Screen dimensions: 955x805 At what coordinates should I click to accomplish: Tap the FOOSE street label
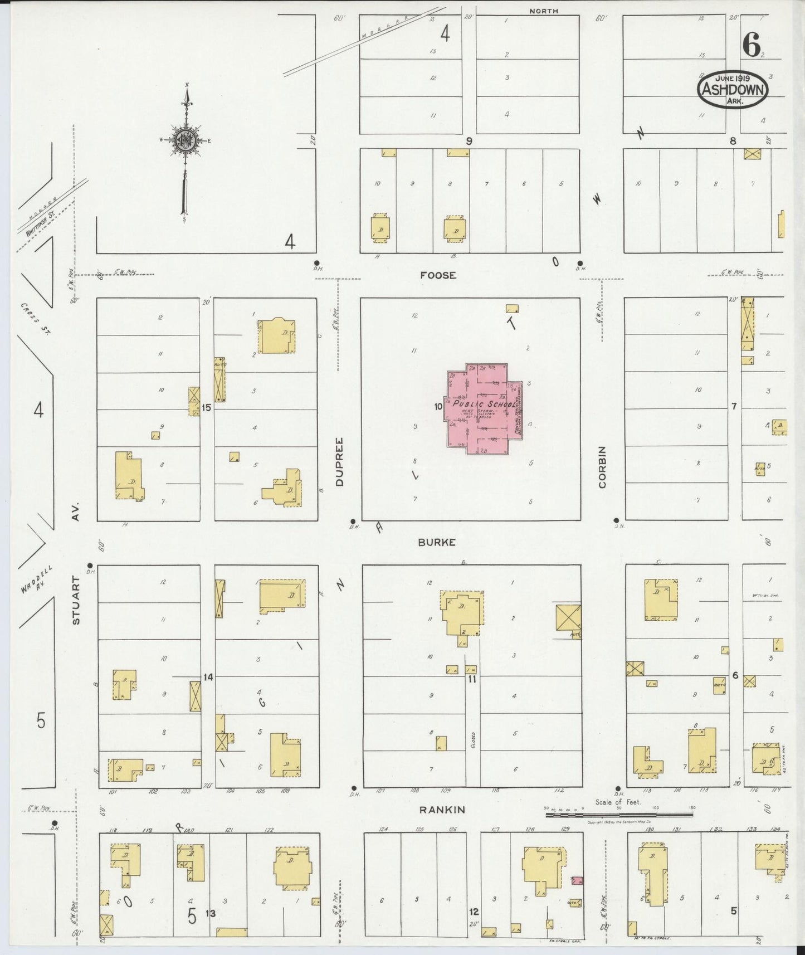click(x=438, y=275)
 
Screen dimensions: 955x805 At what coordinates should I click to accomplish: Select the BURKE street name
click(x=437, y=542)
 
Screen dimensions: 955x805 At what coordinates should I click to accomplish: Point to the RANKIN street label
click(x=443, y=810)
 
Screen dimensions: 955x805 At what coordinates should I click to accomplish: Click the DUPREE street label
click(x=340, y=462)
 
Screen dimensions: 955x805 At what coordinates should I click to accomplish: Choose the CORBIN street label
click(x=602, y=467)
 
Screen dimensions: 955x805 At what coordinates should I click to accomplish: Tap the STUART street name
click(x=76, y=601)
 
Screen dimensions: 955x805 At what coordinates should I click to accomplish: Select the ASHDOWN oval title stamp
click(x=733, y=89)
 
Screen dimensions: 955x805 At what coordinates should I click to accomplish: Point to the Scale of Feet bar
click(x=618, y=814)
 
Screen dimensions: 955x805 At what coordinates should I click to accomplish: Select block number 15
click(x=207, y=408)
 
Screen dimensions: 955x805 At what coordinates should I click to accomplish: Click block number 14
click(x=208, y=677)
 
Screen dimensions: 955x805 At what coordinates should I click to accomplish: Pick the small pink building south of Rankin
click(x=577, y=880)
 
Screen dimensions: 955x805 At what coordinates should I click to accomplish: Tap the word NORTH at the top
click(x=544, y=11)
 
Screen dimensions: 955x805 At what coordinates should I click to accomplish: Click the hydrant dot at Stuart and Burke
click(x=90, y=565)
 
